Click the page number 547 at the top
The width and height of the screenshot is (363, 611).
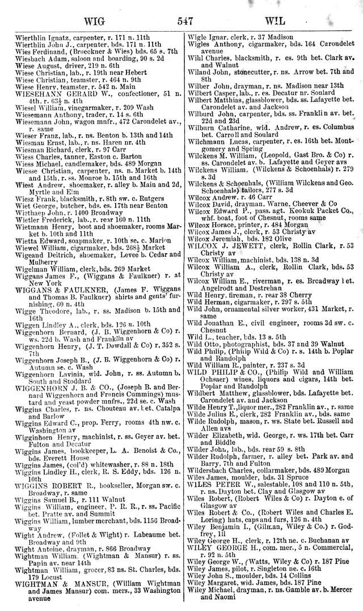point(185,22)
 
